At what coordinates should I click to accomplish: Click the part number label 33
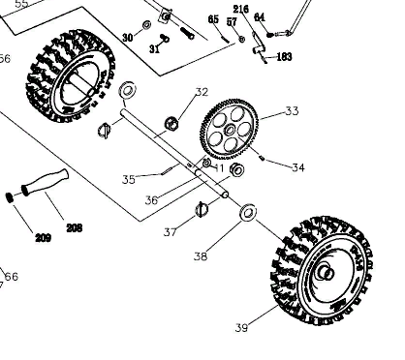pyautogui.click(x=292, y=111)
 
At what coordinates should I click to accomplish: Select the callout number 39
pyautogui.click(x=241, y=328)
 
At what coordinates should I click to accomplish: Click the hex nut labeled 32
pyautogui.click(x=171, y=123)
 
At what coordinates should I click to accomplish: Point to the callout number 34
pyautogui.click(x=298, y=167)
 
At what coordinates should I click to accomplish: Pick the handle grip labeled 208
pyautogui.click(x=45, y=182)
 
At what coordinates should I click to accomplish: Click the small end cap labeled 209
pyautogui.click(x=10, y=197)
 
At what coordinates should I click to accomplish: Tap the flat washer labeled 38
pyautogui.click(x=248, y=212)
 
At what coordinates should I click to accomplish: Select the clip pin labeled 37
pyautogui.click(x=202, y=210)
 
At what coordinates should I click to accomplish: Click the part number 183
pyautogui.click(x=284, y=57)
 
